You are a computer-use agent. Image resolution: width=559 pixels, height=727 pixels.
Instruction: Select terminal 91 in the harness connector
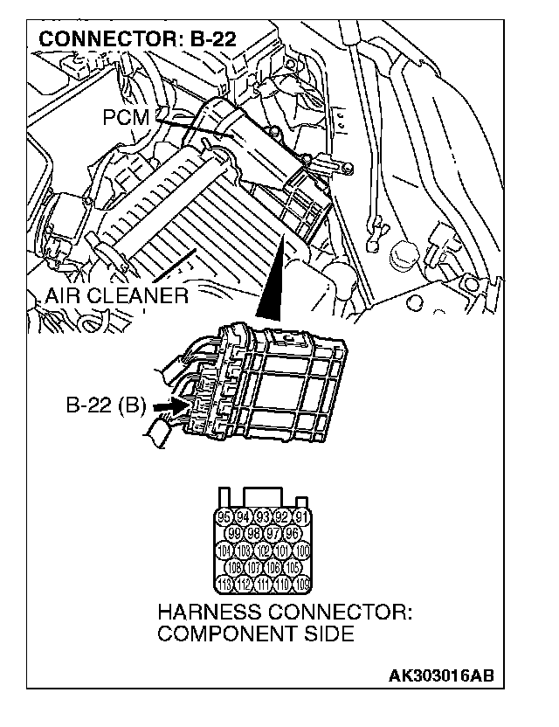(x=302, y=516)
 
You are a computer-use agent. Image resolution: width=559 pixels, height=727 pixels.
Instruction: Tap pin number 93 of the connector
(x=262, y=516)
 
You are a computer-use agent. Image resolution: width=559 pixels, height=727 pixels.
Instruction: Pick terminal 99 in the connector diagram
(x=232, y=533)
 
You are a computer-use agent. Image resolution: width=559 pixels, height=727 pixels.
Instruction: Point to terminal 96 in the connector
(x=293, y=533)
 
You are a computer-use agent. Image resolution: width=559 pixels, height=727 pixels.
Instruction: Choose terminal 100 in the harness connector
(x=302, y=550)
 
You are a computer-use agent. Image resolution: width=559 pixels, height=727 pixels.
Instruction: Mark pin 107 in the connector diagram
(x=252, y=567)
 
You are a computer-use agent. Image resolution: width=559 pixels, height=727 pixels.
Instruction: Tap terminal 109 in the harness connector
(x=302, y=584)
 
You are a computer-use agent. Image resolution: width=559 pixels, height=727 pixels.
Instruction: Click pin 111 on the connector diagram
(x=262, y=584)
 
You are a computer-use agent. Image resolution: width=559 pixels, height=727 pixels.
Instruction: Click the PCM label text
(x=125, y=117)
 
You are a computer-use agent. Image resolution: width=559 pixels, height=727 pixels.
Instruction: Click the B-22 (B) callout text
(x=106, y=406)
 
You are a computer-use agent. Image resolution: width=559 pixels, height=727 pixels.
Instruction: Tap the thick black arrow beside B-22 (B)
(x=167, y=406)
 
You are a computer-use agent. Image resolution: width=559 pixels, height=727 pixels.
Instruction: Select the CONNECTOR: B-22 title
(x=138, y=39)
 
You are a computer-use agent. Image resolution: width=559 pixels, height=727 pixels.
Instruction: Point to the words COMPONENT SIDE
(x=256, y=634)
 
